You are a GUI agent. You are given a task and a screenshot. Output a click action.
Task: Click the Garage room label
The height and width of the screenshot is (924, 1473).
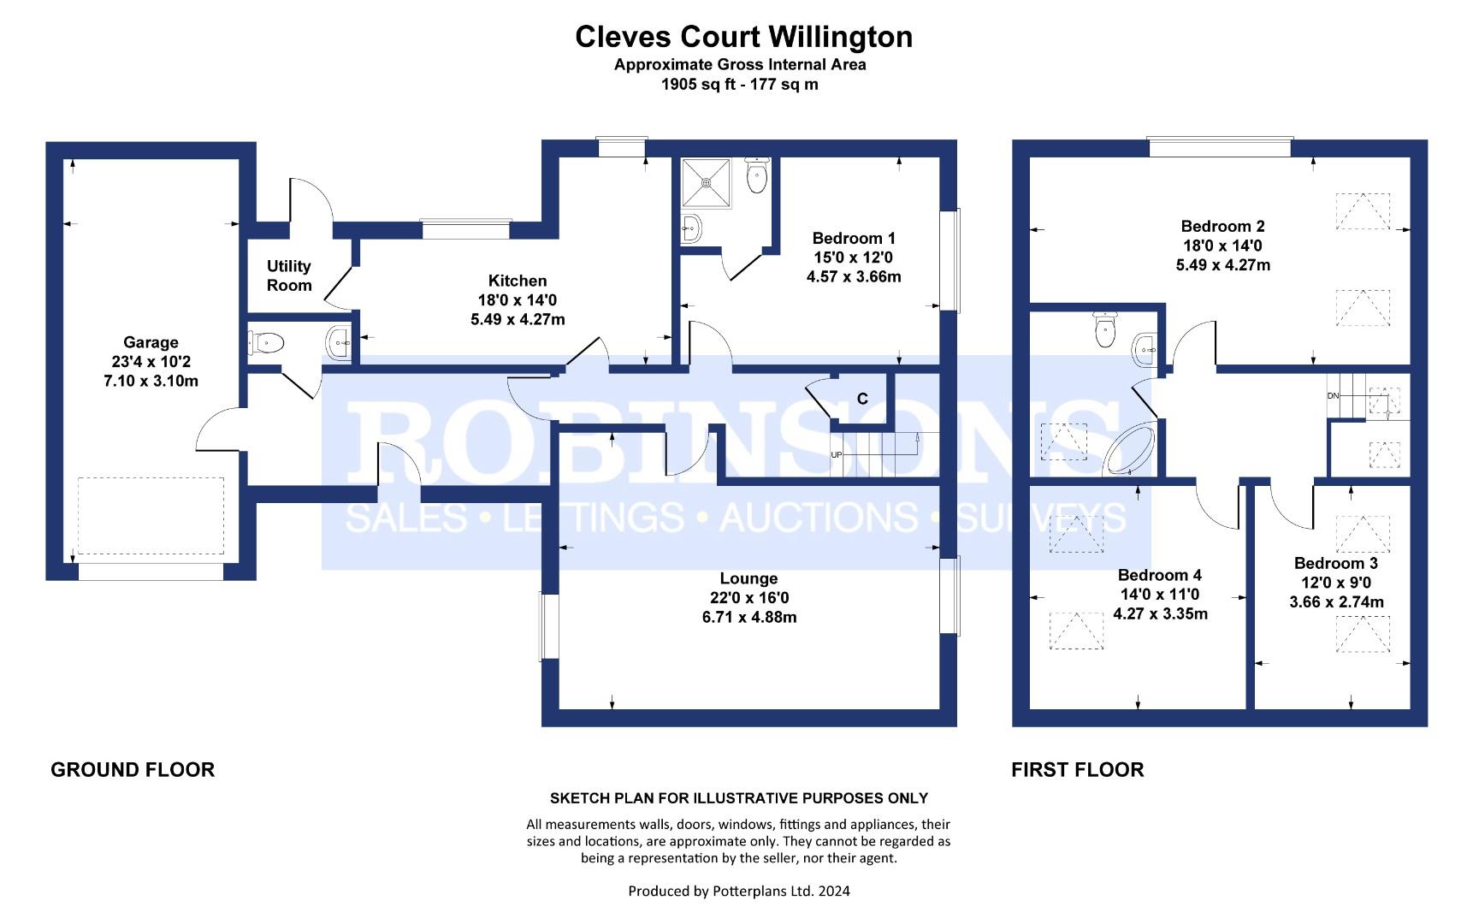click(x=151, y=343)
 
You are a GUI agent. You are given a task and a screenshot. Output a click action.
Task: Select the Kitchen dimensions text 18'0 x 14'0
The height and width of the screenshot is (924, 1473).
click(x=518, y=300)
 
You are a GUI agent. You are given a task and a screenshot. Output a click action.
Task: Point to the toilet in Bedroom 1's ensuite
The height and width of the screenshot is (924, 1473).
click(x=757, y=176)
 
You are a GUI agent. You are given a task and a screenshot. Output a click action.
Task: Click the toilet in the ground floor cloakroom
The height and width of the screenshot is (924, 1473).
click(x=267, y=343)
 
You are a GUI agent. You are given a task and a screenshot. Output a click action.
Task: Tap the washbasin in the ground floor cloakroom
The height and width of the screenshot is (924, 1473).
click(x=338, y=343)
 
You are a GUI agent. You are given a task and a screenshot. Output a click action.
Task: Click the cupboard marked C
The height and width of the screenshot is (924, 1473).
click(x=862, y=399)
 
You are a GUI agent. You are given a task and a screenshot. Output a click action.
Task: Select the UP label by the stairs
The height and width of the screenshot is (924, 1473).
click(x=836, y=454)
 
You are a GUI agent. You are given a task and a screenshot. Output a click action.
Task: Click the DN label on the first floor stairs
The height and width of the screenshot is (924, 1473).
click(x=1333, y=396)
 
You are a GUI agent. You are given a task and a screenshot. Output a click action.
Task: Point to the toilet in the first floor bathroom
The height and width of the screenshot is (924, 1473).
click(x=1104, y=330)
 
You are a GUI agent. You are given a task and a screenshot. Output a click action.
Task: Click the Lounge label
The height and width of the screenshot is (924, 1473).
click(x=748, y=579)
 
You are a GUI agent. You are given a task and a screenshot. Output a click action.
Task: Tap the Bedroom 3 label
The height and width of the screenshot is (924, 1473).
click(x=1335, y=563)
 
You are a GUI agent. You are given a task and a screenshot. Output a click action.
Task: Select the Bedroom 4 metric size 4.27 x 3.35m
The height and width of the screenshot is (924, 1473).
click(x=1160, y=613)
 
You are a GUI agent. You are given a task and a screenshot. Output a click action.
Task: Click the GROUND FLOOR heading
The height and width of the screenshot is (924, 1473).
click(x=133, y=769)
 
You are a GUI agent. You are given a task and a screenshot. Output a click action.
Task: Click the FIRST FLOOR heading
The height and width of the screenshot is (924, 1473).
click(x=1077, y=769)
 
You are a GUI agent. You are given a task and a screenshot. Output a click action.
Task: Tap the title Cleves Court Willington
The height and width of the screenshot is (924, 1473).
click(x=743, y=37)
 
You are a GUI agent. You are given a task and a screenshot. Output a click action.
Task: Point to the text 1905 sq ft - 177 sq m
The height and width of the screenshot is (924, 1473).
click(x=739, y=84)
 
